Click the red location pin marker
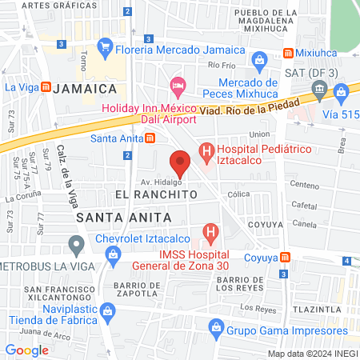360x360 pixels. point(181,163)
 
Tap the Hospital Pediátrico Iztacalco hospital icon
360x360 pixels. point(206,150)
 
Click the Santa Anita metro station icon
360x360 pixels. point(150,138)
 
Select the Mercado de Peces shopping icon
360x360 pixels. point(259,60)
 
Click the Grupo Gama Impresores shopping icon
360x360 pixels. point(215,326)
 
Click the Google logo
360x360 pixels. point(26,350)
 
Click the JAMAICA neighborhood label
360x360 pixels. point(89,87)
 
